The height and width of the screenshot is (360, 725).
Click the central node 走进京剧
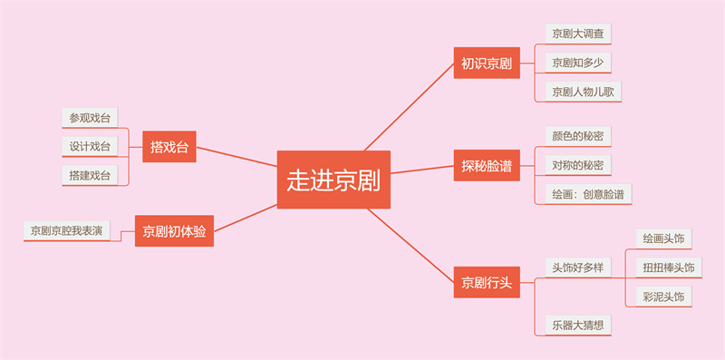(x=333, y=180)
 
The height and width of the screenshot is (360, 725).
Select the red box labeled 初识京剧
(x=486, y=63)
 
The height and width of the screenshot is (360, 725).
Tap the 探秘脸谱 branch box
(x=486, y=166)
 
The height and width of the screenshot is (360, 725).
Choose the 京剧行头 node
(x=486, y=282)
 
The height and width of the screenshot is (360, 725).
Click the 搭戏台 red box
(x=169, y=147)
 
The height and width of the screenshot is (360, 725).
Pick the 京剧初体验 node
(x=174, y=231)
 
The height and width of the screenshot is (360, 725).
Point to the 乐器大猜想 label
(x=577, y=325)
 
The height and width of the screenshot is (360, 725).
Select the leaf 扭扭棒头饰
(x=668, y=268)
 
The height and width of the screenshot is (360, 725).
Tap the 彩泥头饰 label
(x=662, y=297)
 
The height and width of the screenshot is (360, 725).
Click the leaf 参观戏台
(x=91, y=117)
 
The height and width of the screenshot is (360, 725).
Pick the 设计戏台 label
(x=91, y=146)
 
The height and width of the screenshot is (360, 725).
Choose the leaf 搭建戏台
(x=91, y=175)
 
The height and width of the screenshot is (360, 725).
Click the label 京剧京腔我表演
(x=67, y=230)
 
